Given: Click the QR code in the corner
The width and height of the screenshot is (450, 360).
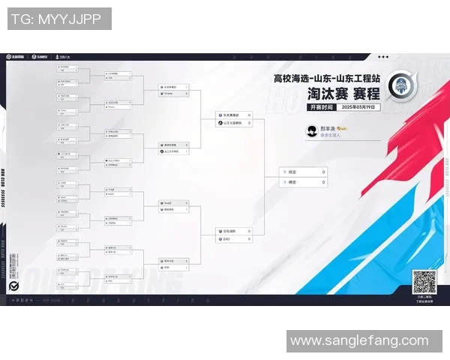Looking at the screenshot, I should tap(424, 282).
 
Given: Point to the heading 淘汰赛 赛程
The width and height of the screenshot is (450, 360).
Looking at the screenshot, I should tap(343, 94).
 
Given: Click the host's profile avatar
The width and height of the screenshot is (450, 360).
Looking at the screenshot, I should tap(311, 130).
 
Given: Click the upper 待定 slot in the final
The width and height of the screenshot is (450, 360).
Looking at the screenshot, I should tap(292, 172).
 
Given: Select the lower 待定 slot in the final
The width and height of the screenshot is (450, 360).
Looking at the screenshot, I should tap(292, 181).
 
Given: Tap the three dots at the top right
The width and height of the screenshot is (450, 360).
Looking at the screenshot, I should tap(383, 56).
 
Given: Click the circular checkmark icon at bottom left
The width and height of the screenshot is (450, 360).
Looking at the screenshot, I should tap(13, 287).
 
